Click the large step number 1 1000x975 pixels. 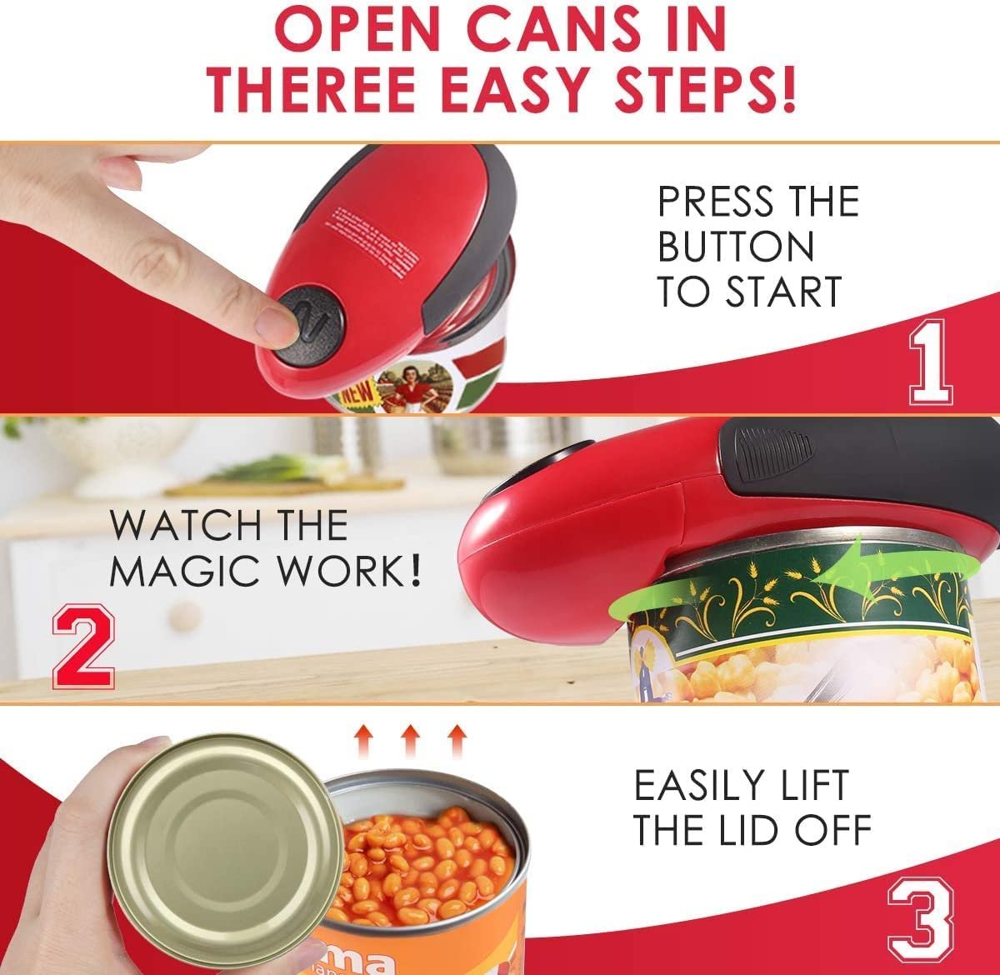coord(930,364)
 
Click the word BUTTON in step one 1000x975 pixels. coord(736,247)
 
